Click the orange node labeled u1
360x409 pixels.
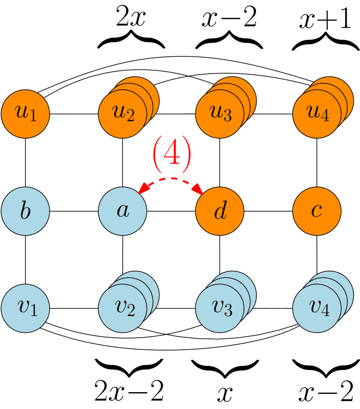click(26, 114)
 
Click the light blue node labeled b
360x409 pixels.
click(26, 211)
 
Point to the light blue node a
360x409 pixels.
click(123, 211)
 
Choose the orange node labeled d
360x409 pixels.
click(220, 211)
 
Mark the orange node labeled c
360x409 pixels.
click(317, 211)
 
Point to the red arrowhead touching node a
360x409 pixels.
click(142, 190)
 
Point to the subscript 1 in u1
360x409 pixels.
click(33, 117)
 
